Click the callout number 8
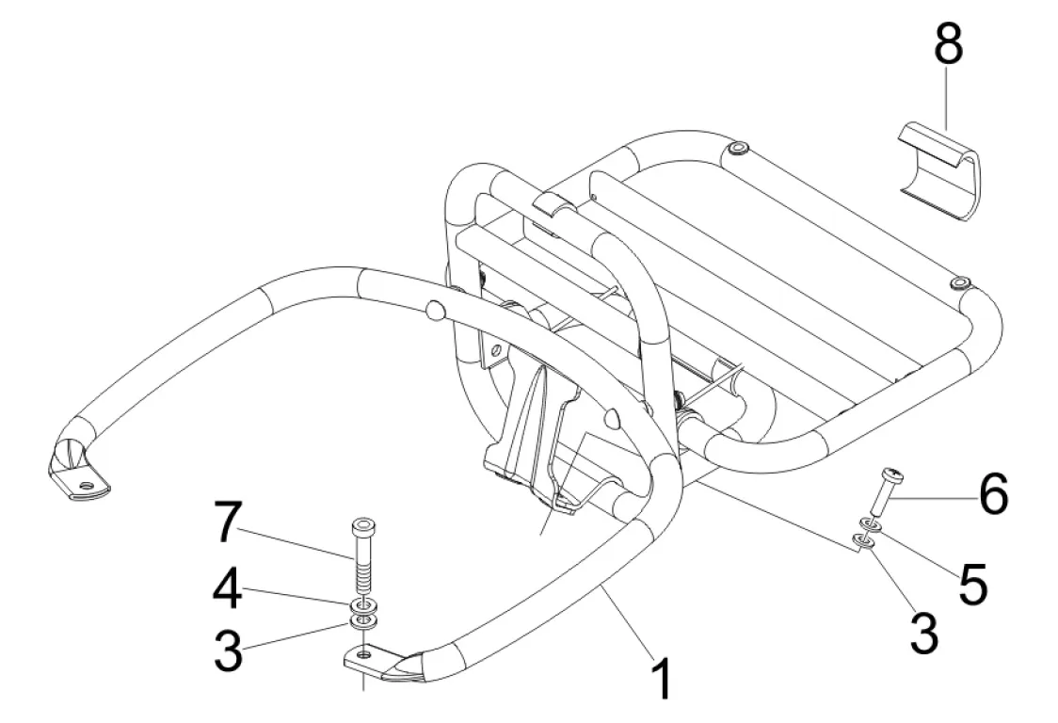[948, 45]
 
